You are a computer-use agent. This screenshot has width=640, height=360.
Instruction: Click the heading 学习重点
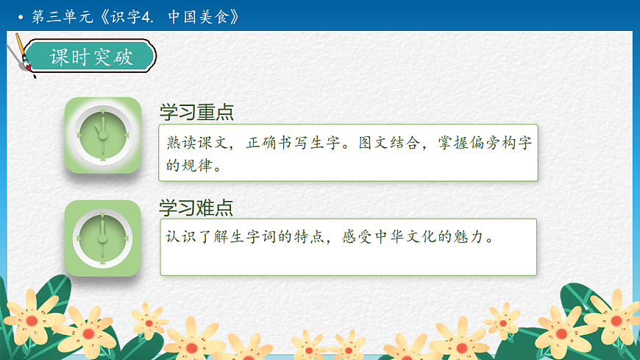(x=196, y=112)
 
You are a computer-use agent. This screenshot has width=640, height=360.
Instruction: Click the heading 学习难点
(x=196, y=208)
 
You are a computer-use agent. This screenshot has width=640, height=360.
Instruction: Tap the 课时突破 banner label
(x=91, y=57)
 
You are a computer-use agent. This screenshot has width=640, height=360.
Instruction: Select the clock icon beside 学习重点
(x=102, y=135)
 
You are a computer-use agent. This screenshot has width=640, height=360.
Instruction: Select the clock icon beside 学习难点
(x=102, y=238)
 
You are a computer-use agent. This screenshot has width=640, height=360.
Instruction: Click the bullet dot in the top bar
(x=21, y=17)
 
